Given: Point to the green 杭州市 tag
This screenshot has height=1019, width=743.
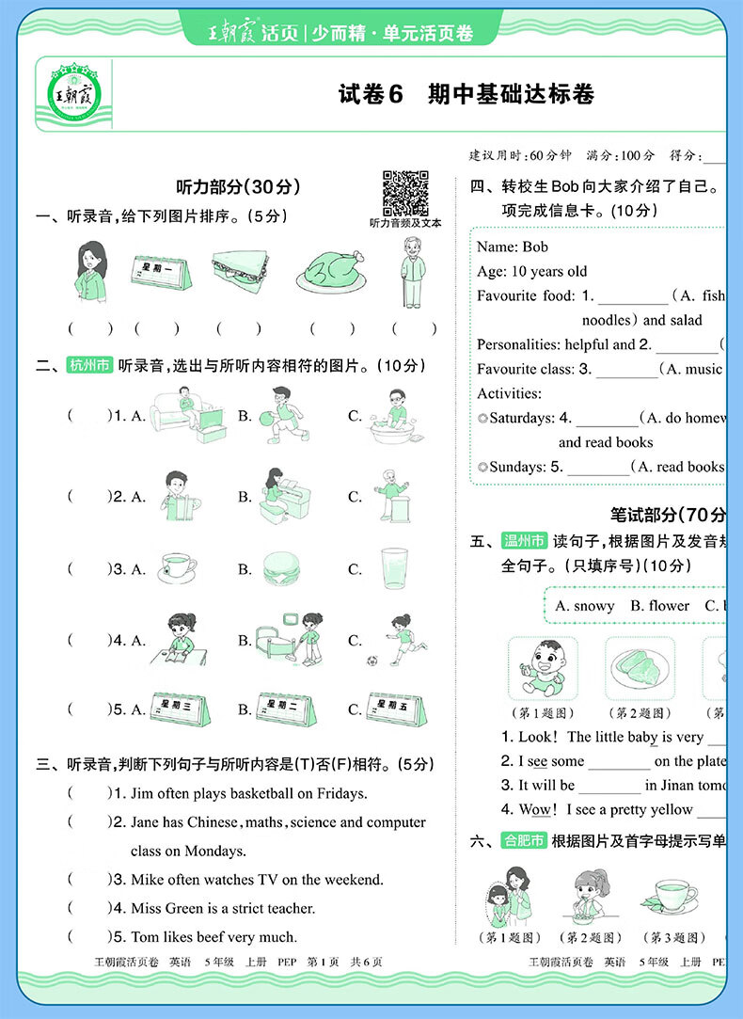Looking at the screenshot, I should coord(88,366).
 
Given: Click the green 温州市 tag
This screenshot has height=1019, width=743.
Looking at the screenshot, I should coord(524,541).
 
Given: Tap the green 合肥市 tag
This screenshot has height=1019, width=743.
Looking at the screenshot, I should coord(524,840).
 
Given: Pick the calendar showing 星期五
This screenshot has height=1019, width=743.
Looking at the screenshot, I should coord(394,709).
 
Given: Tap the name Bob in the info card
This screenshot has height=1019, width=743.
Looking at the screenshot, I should coord(535,247).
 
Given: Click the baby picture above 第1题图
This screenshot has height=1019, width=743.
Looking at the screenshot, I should coord(542,667).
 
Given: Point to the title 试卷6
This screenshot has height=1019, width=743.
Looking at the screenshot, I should coord(370,94).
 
